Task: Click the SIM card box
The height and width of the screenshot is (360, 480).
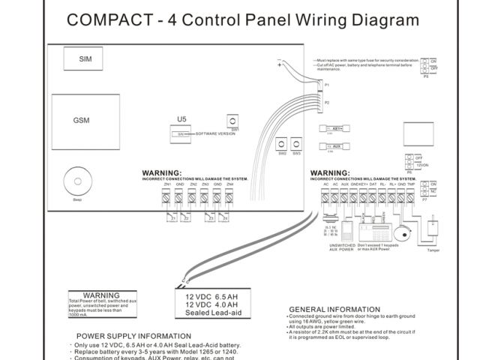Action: pyautogui.click(x=84, y=58)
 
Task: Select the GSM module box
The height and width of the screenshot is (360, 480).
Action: pyautogui.click(x=82, y=120)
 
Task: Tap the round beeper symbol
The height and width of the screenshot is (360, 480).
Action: pyautogui.click(x=76, y=181)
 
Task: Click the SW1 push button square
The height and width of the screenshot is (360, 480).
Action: pyautogui.click(x=235, y=121)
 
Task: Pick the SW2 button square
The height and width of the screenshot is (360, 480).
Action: pyautogui.click(x=282, y=143)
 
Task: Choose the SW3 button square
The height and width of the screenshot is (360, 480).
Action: pyautogui.click(x=297, y=143)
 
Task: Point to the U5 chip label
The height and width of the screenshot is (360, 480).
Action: pyautogui.click(x=180, y=118)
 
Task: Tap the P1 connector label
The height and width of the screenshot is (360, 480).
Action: pyautogui.click(x=326, y=85)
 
